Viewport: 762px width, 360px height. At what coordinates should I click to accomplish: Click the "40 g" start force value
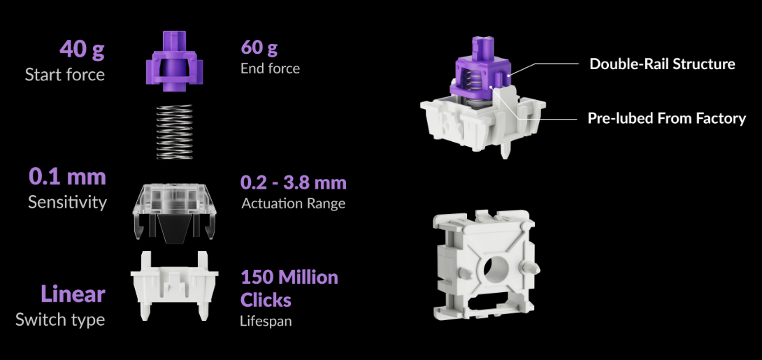[x=82, y=49]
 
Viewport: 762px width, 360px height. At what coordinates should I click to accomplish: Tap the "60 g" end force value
[x=259, y=48]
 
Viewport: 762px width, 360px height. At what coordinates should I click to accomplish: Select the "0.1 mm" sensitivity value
[x=67, y=176]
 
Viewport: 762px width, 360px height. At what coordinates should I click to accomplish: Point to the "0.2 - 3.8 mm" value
[x=294, y=182]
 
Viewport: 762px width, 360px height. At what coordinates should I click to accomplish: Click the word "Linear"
[x=73, y=294]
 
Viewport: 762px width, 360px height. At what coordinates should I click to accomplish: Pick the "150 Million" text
[x=289, y=277]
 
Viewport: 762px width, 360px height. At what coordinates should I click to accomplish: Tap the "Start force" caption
[x=64, y=74]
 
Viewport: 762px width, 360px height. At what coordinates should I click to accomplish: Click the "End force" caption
[x=271, y=68]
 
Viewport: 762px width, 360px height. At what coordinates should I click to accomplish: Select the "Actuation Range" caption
[x=293, y=203]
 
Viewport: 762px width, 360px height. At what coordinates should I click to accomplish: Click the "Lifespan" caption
[x=266, y=321]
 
